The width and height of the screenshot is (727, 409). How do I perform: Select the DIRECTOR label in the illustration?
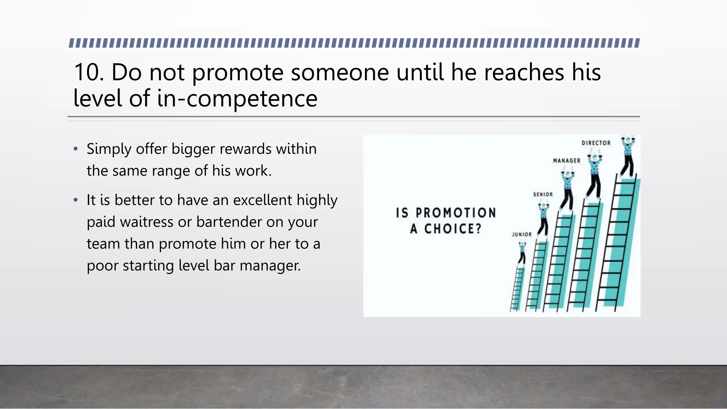click(596, 143)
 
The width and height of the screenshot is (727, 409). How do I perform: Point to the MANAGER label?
click(567, 161)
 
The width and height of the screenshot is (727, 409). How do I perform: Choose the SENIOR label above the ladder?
click(543, 195)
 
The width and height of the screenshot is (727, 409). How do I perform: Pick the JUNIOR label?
click(521, 235)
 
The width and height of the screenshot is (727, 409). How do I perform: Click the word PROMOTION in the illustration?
click(455, 213)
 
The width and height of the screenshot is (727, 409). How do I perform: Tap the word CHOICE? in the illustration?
click(453, 229)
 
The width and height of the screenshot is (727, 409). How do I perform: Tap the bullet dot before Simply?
click(75, 149)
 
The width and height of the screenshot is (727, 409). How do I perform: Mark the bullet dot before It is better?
click(75, 200)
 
